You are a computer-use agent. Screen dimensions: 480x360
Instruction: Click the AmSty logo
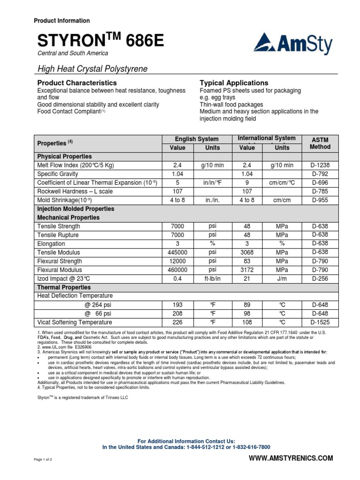click(x=293, y=45)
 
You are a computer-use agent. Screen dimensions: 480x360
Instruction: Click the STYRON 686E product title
click(x=101, y=41)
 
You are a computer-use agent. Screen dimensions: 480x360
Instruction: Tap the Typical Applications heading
click(x=234, y=82)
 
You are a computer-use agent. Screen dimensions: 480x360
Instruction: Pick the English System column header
click(x=196, y=139)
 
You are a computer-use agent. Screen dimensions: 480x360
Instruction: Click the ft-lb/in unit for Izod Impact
click(x=212, y=278)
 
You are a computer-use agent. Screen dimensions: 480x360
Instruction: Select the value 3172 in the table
click(x=247, y=270)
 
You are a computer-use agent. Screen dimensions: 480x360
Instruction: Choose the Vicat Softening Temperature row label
click(x=75, y=322)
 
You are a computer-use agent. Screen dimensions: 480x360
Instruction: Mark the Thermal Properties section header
click(x=64, y=287)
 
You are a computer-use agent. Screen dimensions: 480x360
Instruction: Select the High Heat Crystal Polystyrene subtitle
click(x=92, y=69)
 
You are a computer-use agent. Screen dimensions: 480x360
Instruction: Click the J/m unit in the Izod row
click(x=282, y=278)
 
